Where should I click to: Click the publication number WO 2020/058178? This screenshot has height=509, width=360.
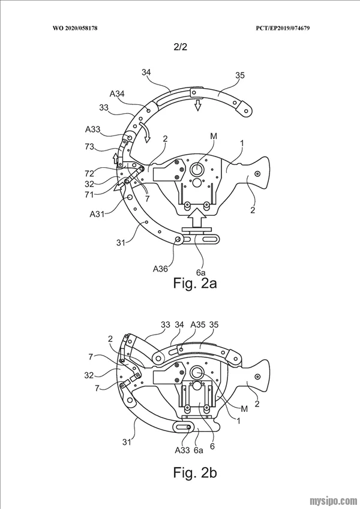(75, 28)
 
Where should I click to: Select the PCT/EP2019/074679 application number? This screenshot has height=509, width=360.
(283, 28)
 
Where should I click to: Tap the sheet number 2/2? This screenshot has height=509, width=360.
(181, 47)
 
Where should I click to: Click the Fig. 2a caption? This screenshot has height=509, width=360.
(195, 283)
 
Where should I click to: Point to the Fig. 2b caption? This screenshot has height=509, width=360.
(195, 472)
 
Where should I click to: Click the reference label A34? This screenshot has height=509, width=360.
(117, 94)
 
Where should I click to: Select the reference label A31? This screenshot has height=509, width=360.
(97, 215)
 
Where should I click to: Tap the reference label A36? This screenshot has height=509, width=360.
(161, 269)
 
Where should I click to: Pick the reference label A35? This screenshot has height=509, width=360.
(198, 324)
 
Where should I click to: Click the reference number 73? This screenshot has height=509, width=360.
(89, 147)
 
